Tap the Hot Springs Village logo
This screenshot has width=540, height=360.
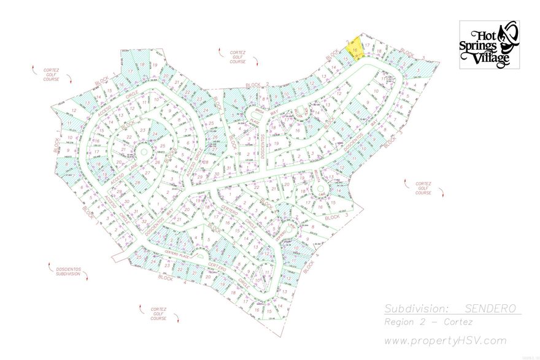coord(489,44)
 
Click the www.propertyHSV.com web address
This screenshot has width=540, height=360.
coord(445,340)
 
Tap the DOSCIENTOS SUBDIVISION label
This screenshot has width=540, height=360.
coord(64,270)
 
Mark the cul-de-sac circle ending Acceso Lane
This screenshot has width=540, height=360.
coord(144,151)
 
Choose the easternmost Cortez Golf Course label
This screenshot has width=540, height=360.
coord(423,188)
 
